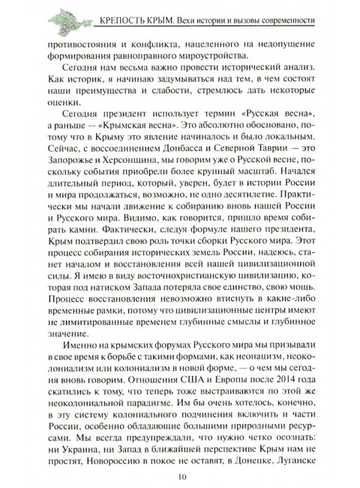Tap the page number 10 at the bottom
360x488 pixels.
coord(181,475)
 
